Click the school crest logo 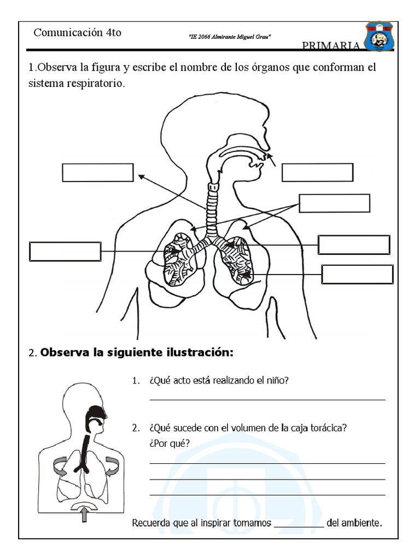coord(381,37)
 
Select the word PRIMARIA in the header coord(331,45)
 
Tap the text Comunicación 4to coord(77,33)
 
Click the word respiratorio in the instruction coord(93,85)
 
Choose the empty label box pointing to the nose coord(317,172)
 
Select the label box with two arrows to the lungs coord(334,203)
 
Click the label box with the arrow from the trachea coord(98,172)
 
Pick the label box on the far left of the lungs coord(65,252)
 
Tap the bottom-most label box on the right coord(357,275)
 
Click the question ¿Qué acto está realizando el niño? coord(218,381)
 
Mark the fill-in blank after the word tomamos coord(299,524)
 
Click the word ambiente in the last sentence coord(361,523)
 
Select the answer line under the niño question coord(267,400)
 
